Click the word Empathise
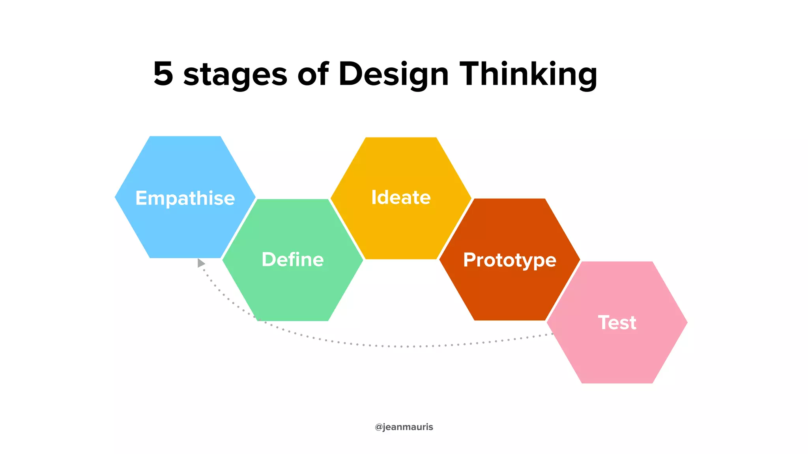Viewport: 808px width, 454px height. pyautogui.click(x=185, y=198)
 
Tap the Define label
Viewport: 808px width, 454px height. pyautogui.click(x=293, y=259)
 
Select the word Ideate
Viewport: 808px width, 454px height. pyautogui.click(x=401, y=197)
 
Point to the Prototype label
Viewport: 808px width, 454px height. pyautogui.click(x=509, y=260)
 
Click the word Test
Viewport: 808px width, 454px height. pyautogui.click(x=617, y=322)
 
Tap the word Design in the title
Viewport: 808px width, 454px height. pyautogui.click(x=393, y=74)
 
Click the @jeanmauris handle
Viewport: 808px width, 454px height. pyautogui.click(x=404, y=427)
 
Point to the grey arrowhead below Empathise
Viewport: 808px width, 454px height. pyautogui.click(x=201, y=263)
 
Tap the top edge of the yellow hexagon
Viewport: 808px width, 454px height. pyautogui.click(x=401, y=138)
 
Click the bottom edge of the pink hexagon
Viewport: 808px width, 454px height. pyautogui.click(x=617, y=383)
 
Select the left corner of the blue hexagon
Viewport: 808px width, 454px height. pyautogui.click(x=116, y=197)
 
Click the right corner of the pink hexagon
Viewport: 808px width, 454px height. pyautogui.click(x=687, y=322)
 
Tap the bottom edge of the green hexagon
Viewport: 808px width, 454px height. pyautogui.click(x=293, y=320)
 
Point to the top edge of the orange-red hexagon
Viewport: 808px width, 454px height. pyautogui.click(x=509, y=199)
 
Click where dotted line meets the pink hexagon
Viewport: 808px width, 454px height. pyautogui.click(x=552, y=334)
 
